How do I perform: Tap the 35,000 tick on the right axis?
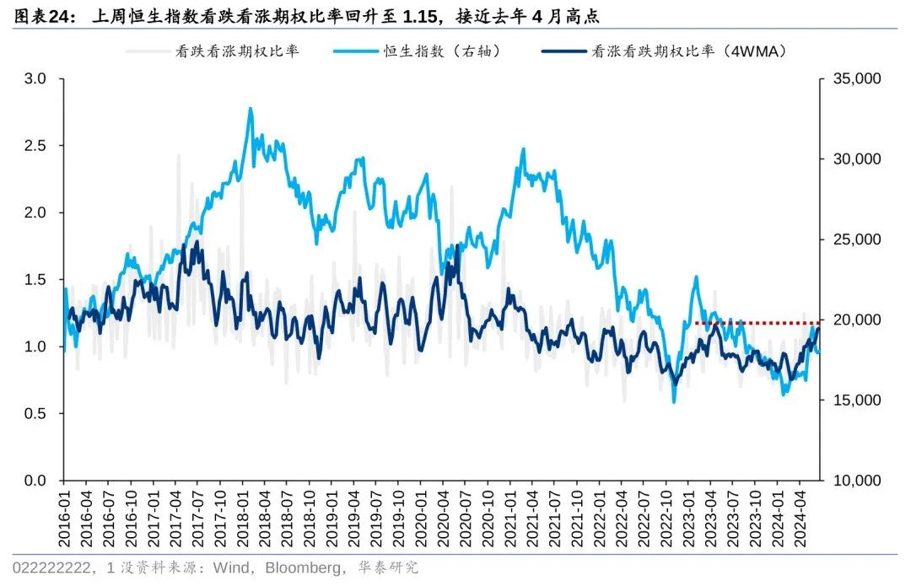point(855,79)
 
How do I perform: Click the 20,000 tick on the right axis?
point(855,320)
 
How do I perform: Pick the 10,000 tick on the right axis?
point(855,481)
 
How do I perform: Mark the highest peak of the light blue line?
point(251,109)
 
